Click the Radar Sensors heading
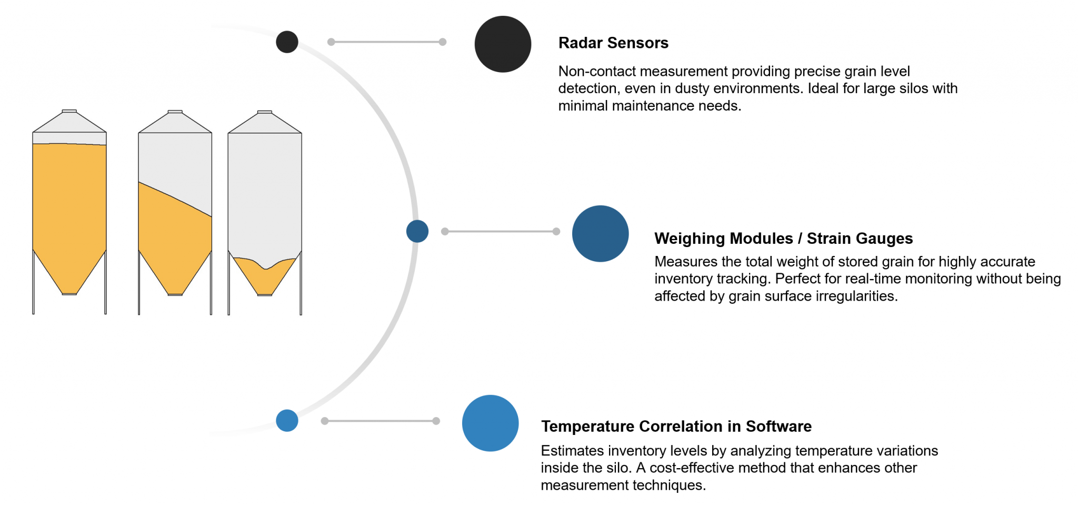tap(613, 43)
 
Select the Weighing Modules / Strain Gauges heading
tap(783, 239)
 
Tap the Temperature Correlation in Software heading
tap(676, 426)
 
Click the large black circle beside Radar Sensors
tap(503, 44)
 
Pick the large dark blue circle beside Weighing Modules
tap(600, 234)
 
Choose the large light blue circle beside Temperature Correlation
tap(490, 423)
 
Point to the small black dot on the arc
tap(287, 42)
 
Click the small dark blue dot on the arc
tap(417, 231)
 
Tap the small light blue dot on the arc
tap(287, 421)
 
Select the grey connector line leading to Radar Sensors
tap(387, 42)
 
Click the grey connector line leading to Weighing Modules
tap(501, 231)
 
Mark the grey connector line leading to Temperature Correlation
tap(381, 421)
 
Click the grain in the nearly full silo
tap(69, 211)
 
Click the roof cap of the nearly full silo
tap(69, 111)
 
